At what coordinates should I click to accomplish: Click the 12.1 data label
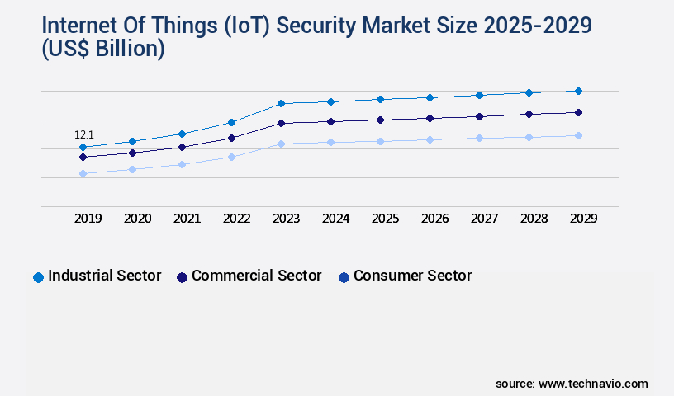[x=84, y=134]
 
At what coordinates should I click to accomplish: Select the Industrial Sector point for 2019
[x=83, y=148]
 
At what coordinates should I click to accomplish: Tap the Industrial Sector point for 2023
[x=281, y=103]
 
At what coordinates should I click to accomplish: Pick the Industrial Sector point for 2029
[x=578, y=91]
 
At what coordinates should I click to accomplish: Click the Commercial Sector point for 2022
[x=231, y=138]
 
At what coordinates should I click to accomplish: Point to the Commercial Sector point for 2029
[x=578, y=112]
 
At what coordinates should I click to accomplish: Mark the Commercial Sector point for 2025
[x=380, y=120]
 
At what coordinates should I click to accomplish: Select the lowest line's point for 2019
[x=83, y=173]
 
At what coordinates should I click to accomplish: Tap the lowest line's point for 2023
[x=281, y=144]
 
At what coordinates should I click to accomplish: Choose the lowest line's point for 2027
[x=479, y=138]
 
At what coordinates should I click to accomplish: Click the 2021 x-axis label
[x=187, y=219]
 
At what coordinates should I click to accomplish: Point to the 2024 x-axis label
[x=335, y=219]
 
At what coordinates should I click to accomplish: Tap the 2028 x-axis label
[x=534, y=219]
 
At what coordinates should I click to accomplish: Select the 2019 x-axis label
[x=88, y=219]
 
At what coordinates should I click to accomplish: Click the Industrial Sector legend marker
[x=38, y=277]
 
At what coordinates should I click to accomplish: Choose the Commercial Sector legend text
[x=256, y=276]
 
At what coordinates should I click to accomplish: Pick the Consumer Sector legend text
[x=412, y=276]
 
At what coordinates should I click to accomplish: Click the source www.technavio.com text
[x=572, y=384]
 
